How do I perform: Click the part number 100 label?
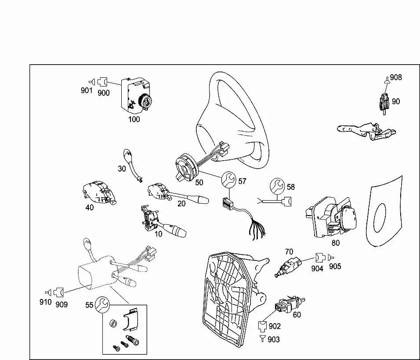[134, 119]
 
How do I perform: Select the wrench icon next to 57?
[228, 179]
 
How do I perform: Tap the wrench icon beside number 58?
[277, 185]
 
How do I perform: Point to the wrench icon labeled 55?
[103, 304]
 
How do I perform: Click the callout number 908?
[396, 77]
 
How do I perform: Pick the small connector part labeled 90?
[384, 104]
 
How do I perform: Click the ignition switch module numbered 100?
[136, 94]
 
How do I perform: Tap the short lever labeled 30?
[132, 165]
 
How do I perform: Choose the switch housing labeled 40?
[99, 192]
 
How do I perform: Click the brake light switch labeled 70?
[289, 266]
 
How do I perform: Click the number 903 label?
[274, 339]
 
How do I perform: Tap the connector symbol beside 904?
[320, 258]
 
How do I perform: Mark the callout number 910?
[46, 302]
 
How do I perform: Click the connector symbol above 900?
[102, 81]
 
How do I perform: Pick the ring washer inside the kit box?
[113, 324]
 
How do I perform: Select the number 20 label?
[181, 204]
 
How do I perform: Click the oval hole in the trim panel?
[380, 218]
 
